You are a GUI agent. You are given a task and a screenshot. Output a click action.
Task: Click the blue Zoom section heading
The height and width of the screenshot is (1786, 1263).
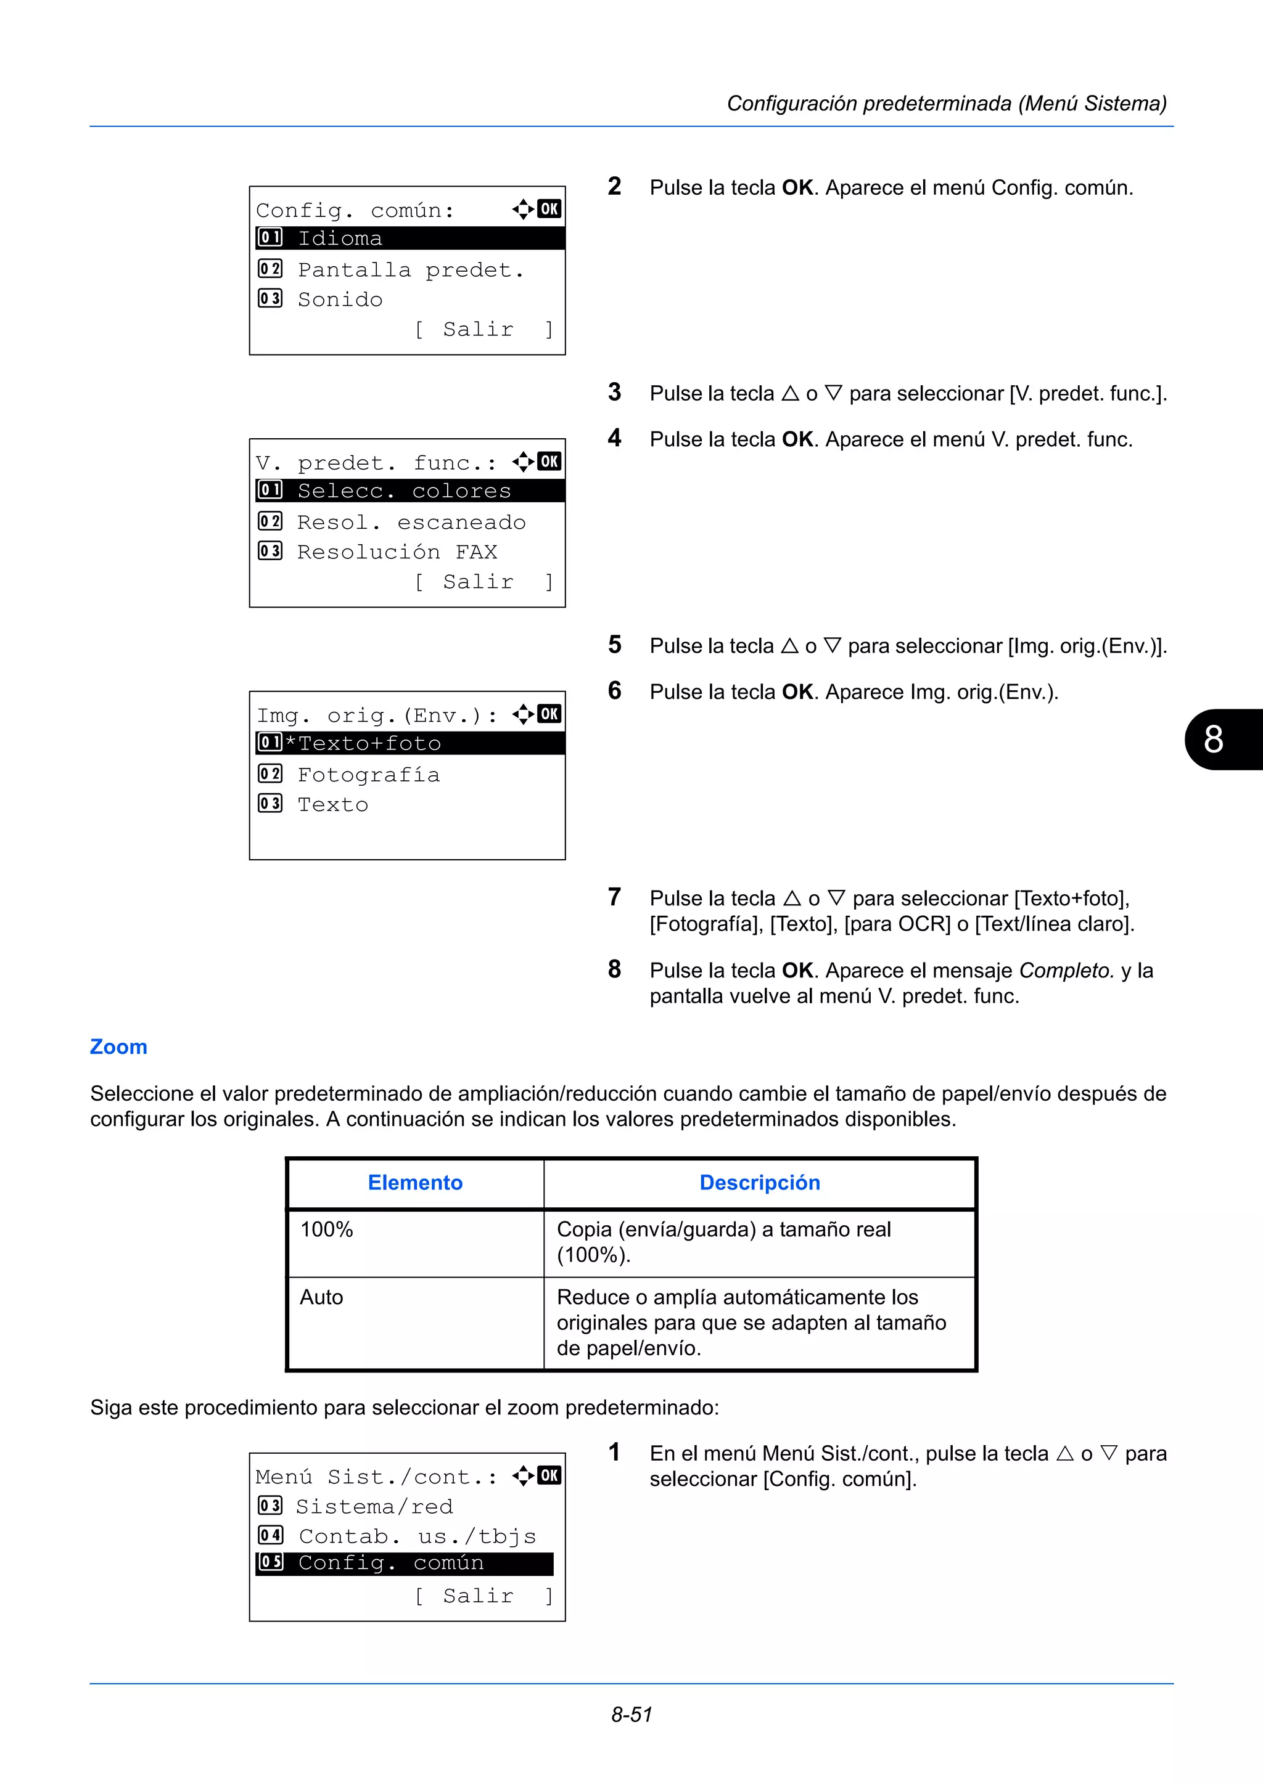pyautogui.click(x=118, y=1047)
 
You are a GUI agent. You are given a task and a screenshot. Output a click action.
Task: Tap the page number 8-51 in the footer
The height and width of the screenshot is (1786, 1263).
pyautogui.click(x=631, y=1715)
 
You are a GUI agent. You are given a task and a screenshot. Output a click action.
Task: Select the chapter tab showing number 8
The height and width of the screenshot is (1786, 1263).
pyautogui.click(x=1219, y=739)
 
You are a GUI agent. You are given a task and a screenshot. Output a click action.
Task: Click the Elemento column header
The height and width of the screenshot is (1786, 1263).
pyautogui.click(x=415, y=1183)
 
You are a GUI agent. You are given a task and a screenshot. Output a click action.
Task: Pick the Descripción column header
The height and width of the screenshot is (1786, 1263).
pyautogui.click(x=760, y=1183)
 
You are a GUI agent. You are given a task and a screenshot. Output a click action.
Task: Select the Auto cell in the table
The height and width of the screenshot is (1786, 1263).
pyautogui.click(x=321, y=1297)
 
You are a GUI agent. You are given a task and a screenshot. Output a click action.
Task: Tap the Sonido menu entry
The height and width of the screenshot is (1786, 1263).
pyautogui.click(x=340, y=300)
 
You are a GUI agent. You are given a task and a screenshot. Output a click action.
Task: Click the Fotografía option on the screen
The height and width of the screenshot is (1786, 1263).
pyautogui.click(x=368, y=775)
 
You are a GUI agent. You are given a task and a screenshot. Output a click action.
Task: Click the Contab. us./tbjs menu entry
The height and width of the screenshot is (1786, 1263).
pyautogui.click(x=417, y=1536)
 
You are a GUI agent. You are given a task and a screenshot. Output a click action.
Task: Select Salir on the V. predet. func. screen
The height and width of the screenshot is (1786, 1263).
pyautogui.click(x=478, y=582)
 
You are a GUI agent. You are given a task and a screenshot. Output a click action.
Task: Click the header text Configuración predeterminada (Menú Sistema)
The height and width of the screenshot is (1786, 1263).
pyautogui.click(x=946, y=104)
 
